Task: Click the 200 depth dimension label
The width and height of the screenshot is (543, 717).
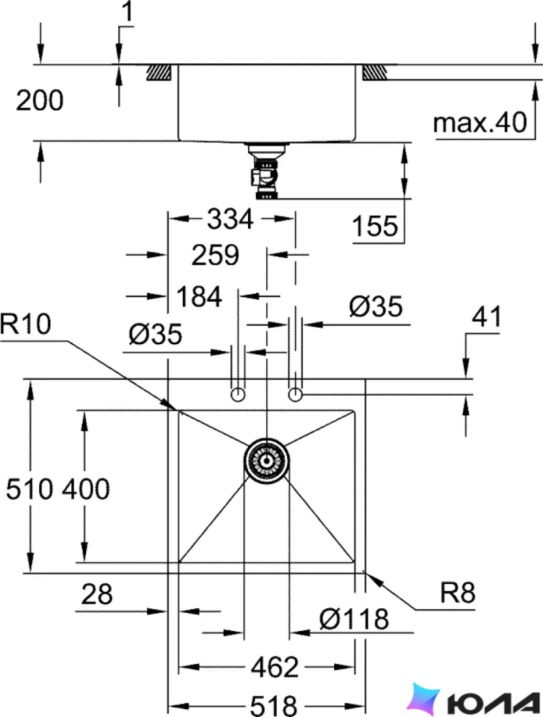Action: coord(40,100)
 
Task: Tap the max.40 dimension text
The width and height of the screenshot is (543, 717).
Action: coord(480,123)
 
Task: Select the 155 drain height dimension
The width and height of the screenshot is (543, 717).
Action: coord(375,226)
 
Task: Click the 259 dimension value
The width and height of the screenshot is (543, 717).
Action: coord(215,255)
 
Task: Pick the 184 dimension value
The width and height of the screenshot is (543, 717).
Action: coord(199,297)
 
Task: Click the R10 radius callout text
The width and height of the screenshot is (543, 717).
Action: coord(25,324)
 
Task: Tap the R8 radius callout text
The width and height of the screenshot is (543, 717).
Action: coord(458,593)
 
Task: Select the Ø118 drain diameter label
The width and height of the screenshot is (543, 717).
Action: coord(354,619)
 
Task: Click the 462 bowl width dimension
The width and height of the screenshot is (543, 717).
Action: coord(275,667)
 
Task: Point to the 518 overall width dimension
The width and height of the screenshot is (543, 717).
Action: coord(274,705)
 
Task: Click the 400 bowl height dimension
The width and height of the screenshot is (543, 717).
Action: coord(86,489)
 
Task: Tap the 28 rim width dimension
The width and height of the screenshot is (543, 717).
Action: coord(97,594)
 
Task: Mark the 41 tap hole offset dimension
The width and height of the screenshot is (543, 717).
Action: coord(486,316)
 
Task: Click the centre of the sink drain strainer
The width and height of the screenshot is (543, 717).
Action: coord(266,460)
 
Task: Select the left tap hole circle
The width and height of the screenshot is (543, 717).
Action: coord(238,394)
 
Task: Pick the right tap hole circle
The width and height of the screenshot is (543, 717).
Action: coord(295,394)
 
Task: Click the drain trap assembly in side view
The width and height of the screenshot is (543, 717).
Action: coord(266,171)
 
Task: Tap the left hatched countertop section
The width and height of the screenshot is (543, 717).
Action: coord(159,73)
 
